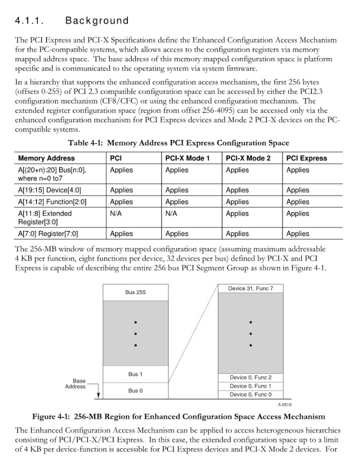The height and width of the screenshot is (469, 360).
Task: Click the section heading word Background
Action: (97, 21)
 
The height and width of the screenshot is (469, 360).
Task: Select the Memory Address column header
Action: (46, 158)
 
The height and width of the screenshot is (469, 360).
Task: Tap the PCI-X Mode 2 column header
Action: (248, 158)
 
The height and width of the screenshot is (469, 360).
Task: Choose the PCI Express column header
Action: (306, 158)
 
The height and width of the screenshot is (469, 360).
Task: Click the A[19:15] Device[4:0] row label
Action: (50, 190)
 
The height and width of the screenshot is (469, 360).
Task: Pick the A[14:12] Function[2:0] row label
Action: (52, 202)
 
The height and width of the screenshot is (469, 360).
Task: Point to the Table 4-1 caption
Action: (178, 144)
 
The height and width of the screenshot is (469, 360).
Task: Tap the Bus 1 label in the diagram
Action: (135, 374)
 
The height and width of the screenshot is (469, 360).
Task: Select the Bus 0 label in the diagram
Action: (135, 391)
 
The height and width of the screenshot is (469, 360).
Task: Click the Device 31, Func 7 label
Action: (250, 288)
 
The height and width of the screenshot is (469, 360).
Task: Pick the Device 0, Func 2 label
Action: (250, 378)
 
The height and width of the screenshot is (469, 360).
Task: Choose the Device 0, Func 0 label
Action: (250, 395)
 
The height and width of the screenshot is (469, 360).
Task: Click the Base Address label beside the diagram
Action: (75, 384)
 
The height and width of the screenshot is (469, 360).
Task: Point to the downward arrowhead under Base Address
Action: (99, 396)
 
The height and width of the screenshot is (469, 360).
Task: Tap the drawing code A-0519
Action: (285, 405)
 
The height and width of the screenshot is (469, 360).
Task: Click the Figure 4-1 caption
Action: (178, 417)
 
